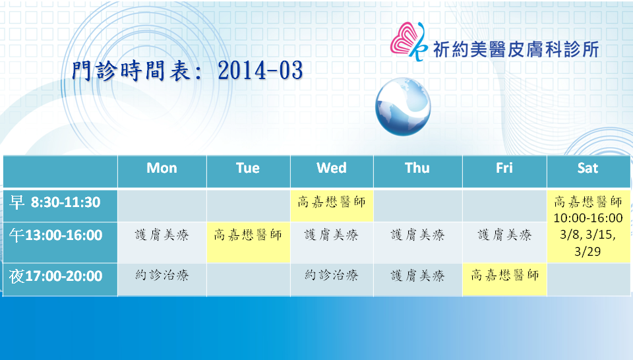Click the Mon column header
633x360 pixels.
pos(162,168)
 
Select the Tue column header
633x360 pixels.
pos(248,168)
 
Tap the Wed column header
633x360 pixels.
pos(332,168)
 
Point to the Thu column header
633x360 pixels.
pos(417,168)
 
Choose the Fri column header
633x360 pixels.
pos(504,168)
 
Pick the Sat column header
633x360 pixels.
pos(588,168)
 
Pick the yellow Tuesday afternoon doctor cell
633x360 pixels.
pos(248,243)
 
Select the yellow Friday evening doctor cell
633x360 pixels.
pos(504,280)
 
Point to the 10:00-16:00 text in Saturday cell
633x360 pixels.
pos(588,218)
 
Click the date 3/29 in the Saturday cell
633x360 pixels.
pos(588,251)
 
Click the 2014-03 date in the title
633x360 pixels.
pos(260,71)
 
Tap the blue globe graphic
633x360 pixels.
pos(403,107)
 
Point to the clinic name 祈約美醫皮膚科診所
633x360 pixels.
pos(516,49)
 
